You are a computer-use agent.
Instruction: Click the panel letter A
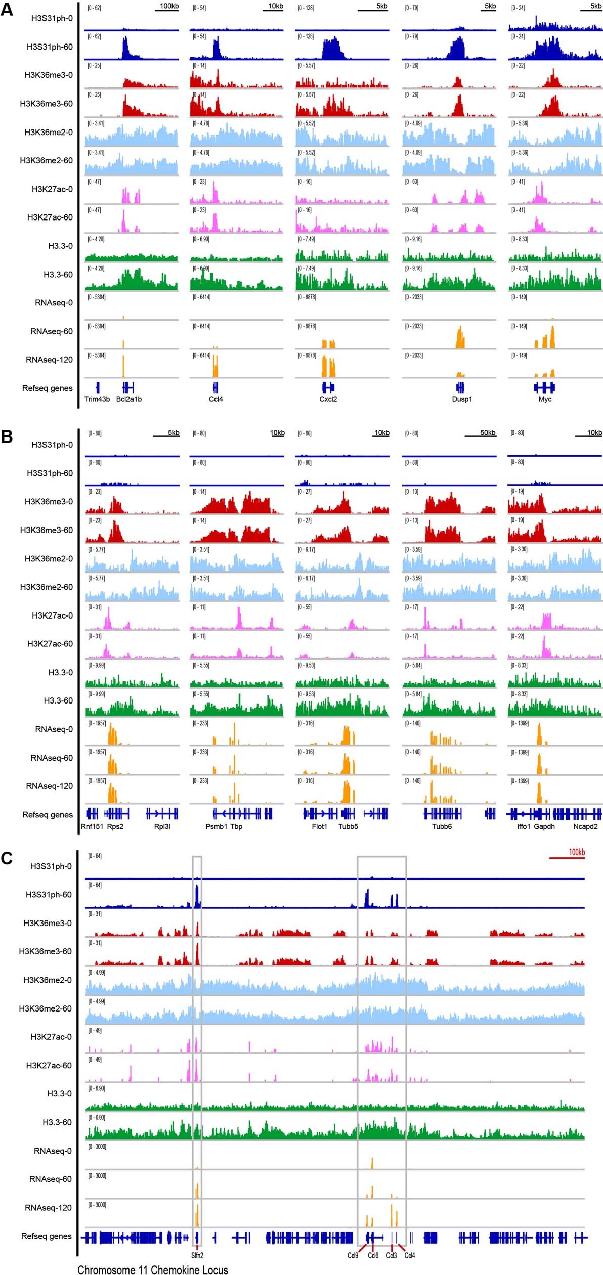[7, 9]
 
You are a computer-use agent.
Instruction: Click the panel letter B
[7, 436]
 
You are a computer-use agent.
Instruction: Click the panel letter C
[7, 858]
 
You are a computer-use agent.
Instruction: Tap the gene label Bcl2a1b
[129, 399]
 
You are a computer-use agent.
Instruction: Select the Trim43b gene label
[97, 399]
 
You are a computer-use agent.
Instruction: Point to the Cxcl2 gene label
[328, 399]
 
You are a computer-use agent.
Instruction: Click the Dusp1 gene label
[462, 399]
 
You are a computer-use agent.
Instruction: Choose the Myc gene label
[545, 399]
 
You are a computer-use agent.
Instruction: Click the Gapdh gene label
[544, 826]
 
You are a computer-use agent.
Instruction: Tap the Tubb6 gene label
[442, 826]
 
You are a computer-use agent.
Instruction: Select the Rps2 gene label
[115, 826]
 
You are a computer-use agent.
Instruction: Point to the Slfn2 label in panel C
[197, 1255]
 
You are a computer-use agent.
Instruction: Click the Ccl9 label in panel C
[353, 1255]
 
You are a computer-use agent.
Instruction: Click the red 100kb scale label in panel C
[577, 852]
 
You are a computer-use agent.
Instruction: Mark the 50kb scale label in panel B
[488, 433]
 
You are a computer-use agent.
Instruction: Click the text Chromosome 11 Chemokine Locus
[152, 1270]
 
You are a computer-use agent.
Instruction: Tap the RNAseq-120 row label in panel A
[49, 360]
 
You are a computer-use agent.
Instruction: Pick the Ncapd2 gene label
[585, 826]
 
